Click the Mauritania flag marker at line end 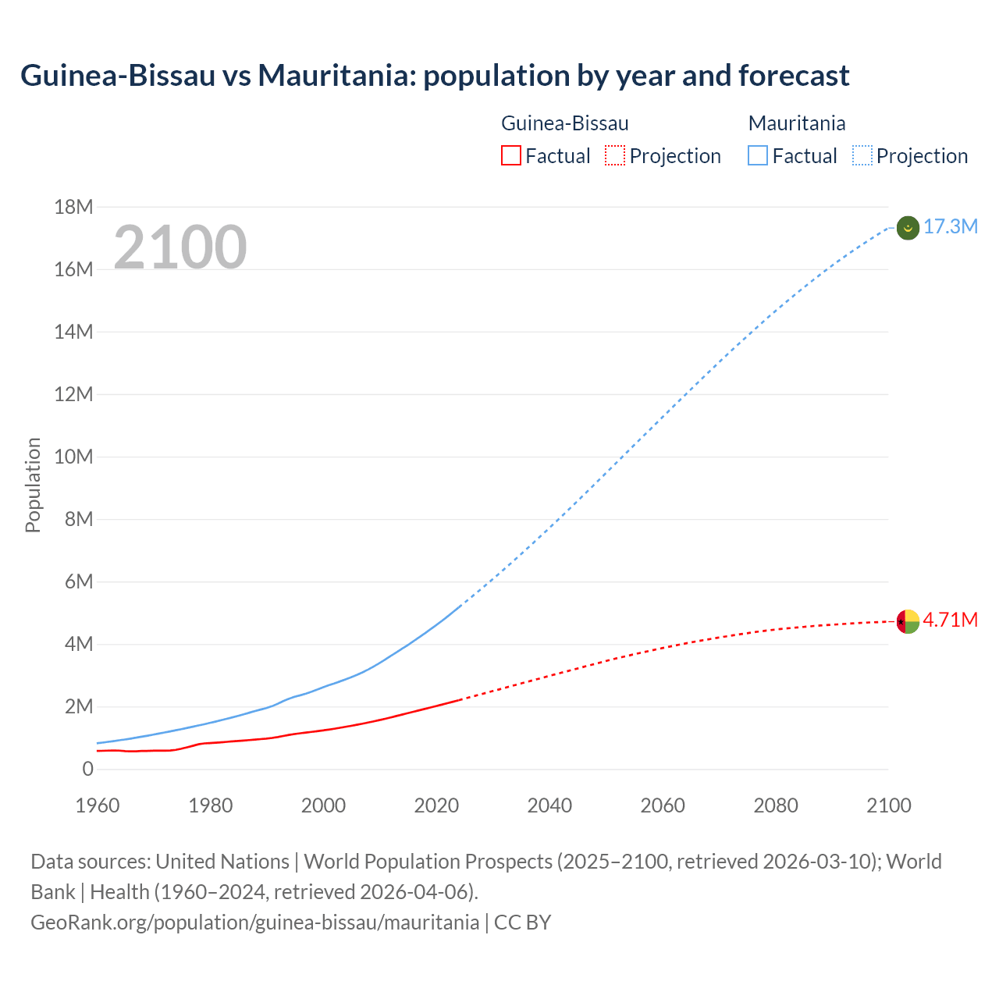pyautogui.click(x=908, y=228)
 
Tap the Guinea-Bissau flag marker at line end pyautogui.click(x=908, y=621)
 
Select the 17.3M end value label pyautogui.click(x=950, y=227)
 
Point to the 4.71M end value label pyautogui.click(x=950, y=620)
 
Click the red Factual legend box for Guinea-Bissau pyautogui.click(x=510, y=156)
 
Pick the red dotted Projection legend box pyautogui.click(x=615, y=156)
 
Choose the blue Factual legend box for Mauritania pyautogui.click(x=758, y=156)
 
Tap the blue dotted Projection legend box pyautogui.click(x=862, y=156)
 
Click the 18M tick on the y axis pyautogui.click(x=73, y=207)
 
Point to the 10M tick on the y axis pyautogui.click(x=73, y=457)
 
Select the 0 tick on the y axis pyautogui.click(x=87, y=770)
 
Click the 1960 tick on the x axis pyautogui.click(x=98, y=805)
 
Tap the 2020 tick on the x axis pyautogui.click(x=436, y=805)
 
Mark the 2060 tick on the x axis pyautogui.click(x=663, y=805)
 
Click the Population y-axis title pyautogui.click(x=33, y=485)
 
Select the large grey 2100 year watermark pyautogui.click(x=180, y=247)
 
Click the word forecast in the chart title pyautogui.click(x=793, y=76)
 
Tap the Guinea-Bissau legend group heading pyautogui.click(x=564, y=123)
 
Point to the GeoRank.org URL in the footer pyautogui.click(x=254, y=923)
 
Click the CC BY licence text pyautogui.click(x=522, y=923)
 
